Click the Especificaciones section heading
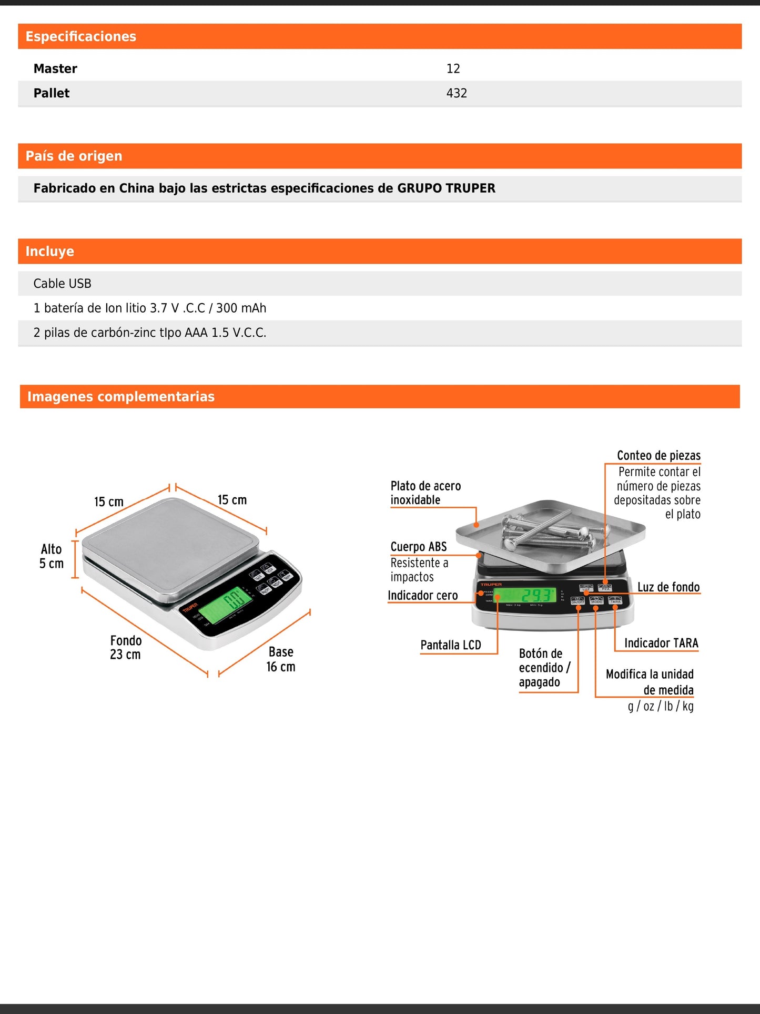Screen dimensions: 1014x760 pyautogui.click(x=80, y=36)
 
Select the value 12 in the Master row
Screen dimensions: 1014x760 pyautogui.click(x=453, y=69)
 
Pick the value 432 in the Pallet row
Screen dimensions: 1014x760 pyautogui.click(x=457, y=93)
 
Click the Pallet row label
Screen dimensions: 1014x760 pyautogui.click(x=52, y=93)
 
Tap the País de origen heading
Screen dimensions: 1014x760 pyautogui.click(x=74, y=156)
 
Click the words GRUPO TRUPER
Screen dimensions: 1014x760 pyautogui.click(x=446, y=188)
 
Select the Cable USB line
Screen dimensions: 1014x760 pyautogui.click(x=62, y=284)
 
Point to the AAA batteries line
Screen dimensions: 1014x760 pyautogui.click(x=149, y=333)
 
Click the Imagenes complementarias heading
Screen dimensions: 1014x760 pyautogui.click(x=120, y=397)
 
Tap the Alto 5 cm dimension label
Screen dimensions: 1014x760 pyautogui.click(x=52, y=556)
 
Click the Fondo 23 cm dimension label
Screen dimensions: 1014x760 pyautogui.click(x=126, y=647)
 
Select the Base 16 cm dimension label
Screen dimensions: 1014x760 pyautogui.click(x=281, y=659)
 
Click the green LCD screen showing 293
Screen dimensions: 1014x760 pyautogui.click(x=525, y=595)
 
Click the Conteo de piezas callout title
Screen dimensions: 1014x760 pyautogui.click(x=658, y=456)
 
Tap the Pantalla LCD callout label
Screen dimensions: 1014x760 pyautogui.click(x=451, y=645)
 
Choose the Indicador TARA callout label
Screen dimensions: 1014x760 pyautogui.click(x=661, y=643)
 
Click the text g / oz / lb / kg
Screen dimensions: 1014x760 pyautogui.click(x=661, y=706)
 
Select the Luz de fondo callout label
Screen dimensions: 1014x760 pyautogui.click(x=668, y=587)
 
